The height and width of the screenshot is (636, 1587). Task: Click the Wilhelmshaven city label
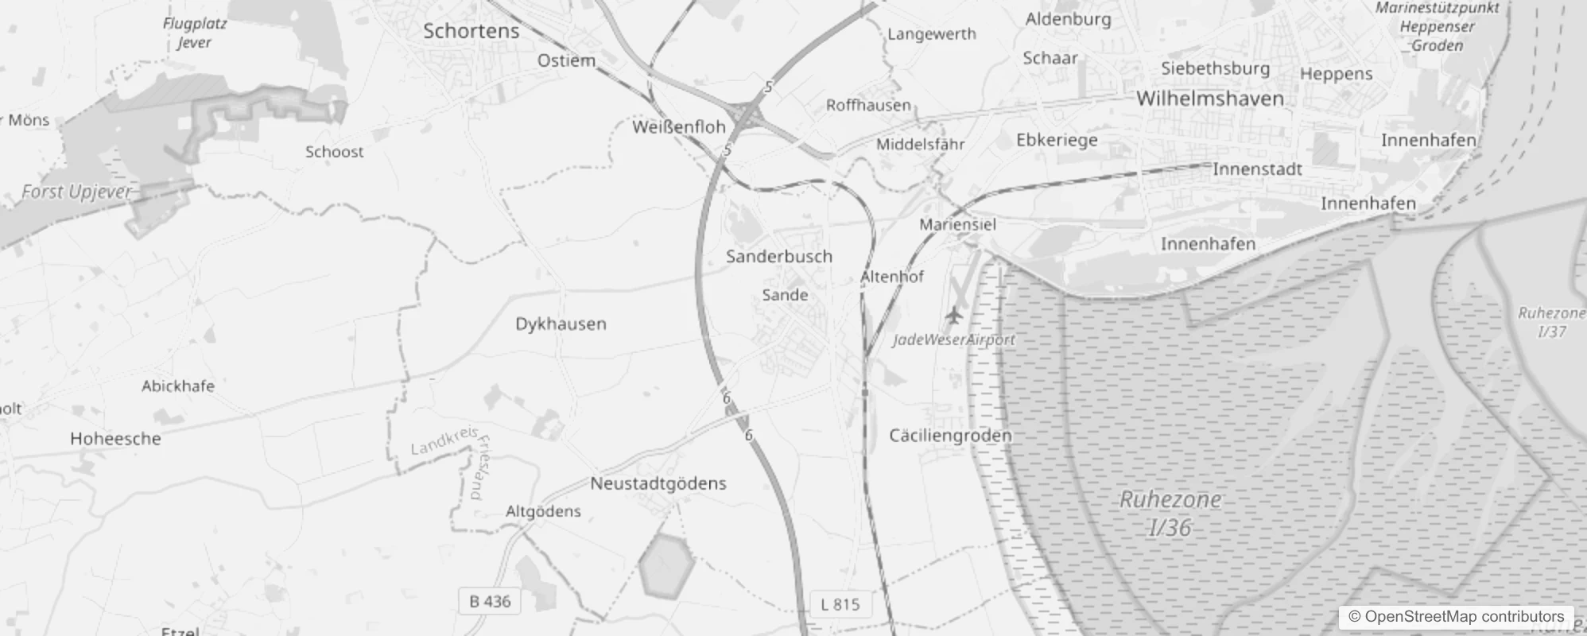pyautogui.click(x=1209, y=99)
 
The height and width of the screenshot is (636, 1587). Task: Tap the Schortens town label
pyautogui.click(x=471, y=31)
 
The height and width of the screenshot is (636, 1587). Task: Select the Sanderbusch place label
pyautogui.click(x=778, y=256)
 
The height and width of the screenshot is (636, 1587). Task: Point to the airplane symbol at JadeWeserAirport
pyautogui.click(x=953, y=315)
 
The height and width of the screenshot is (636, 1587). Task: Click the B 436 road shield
pyautogui.click(x=490, y=601)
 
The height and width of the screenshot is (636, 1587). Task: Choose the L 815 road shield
pyautogui.click(x=840, y=604)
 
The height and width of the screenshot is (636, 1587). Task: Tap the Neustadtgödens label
pyautogui.click(x=658, y=483)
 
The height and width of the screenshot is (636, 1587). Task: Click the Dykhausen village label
pyautogui.click(x=561, y=324)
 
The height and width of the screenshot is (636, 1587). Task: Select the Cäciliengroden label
pyautogui.click(x=949, y=436)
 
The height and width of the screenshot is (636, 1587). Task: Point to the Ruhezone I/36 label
pyautogui.click(x=1170, y=514)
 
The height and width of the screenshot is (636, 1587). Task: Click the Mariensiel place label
pyautogui.click(x=957, y=224)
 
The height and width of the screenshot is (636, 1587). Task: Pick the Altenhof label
pyautogui.click(x=892, y=277)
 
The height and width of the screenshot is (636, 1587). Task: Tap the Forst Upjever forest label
pyautogui.click(x=76, y=192)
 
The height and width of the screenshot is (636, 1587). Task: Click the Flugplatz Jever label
pyautogui.click(x=195, y=33)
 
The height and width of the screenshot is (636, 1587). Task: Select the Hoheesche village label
pyautogui.click(x=115, y=439)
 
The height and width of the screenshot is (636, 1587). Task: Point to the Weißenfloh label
pyautogui.click(x=679, y=126)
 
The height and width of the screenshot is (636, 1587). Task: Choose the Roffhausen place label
pyautogui.click(x=868, y=105)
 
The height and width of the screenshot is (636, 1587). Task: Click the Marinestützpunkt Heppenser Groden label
pyautogui.click(x=1437, y=26)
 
